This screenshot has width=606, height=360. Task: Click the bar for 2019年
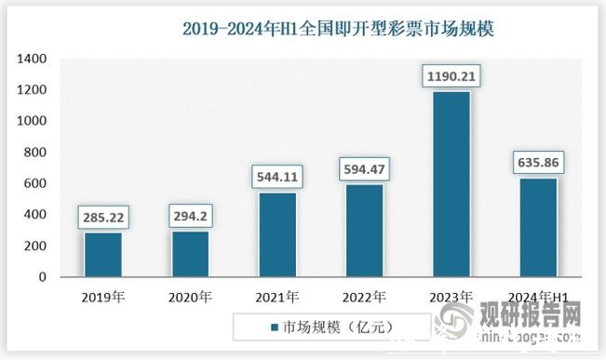pyautogui.click(x=102, y=254)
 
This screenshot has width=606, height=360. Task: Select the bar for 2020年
pyautogui.click(x=190, y=253)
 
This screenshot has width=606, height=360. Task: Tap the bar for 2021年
pyautogui.click(x=277, y=234)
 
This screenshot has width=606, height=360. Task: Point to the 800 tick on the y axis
pyautogui.click(x=35, y=153)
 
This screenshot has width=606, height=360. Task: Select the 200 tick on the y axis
pyautogui.click(x=35, y=246)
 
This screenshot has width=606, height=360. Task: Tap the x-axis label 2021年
pyautogui.click(x=277, y=297)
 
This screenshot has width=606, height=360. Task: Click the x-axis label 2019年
pyautogui.click(x=102, y=297)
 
